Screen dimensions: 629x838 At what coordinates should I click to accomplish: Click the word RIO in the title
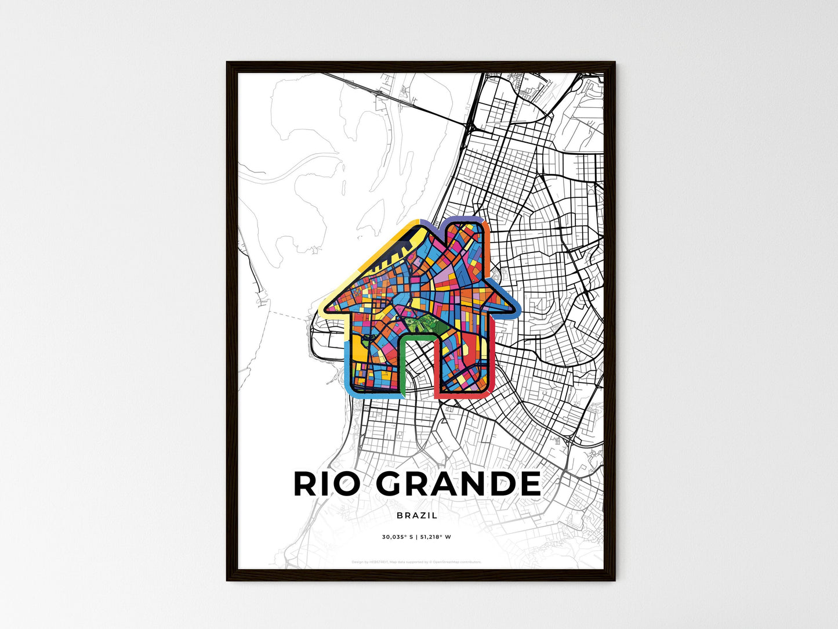[327, 484]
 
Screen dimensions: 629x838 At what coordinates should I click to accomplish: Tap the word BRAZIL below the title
[417, 515]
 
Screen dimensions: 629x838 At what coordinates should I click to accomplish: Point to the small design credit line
[416, 562]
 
